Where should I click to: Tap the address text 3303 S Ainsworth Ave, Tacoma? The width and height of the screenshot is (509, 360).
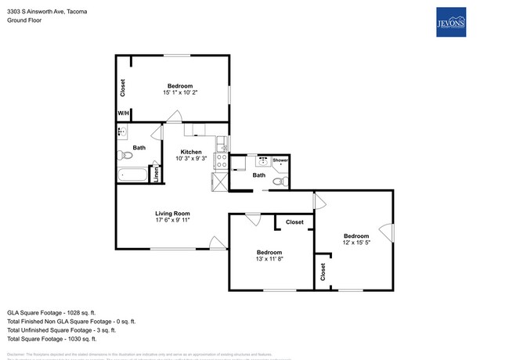coord(47,12)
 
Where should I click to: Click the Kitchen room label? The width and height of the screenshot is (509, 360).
coord(191,152)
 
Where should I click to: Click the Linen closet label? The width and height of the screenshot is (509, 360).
coord(156,175)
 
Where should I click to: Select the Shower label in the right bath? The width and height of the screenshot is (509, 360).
coord(280,160)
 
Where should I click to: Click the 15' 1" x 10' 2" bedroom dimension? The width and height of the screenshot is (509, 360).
coord(179,93)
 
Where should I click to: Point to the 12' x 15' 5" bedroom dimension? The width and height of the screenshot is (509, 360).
coord(356,243)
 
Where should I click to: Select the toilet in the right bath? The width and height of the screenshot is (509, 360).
coord(279,182)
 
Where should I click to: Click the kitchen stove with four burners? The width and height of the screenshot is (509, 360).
coord(222,161)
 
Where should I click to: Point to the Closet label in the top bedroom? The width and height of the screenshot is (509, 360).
coord(123,88)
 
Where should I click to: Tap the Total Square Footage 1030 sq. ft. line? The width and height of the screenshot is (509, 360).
coord(52,339)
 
